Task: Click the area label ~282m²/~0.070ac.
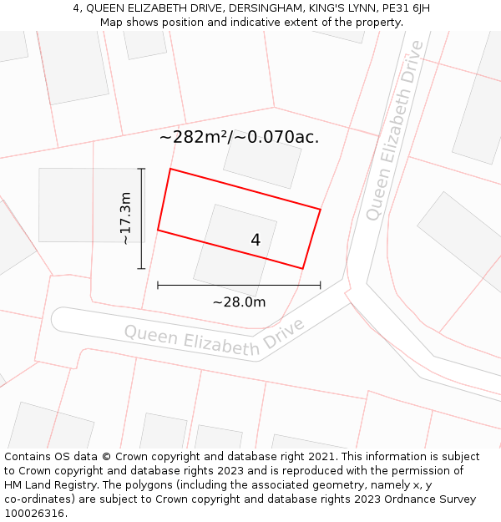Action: pos(239,137)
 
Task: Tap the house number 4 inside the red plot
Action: pos(256,240)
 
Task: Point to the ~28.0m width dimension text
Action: pos(239,302)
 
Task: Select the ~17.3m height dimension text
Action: pos(125,219)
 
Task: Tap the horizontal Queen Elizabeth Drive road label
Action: pos(214,337)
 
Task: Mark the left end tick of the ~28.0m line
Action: pos(158,286)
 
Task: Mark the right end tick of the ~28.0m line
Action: pos(320,286)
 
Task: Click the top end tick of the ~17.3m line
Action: pos(141,169)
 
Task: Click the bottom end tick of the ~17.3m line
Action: pos(141,268)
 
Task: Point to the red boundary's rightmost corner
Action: pos(320,209)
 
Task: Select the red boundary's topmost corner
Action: pos(170,170)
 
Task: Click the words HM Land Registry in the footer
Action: pos(48,484)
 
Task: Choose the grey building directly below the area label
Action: pos(262,164)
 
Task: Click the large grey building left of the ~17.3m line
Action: pos(79,205)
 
